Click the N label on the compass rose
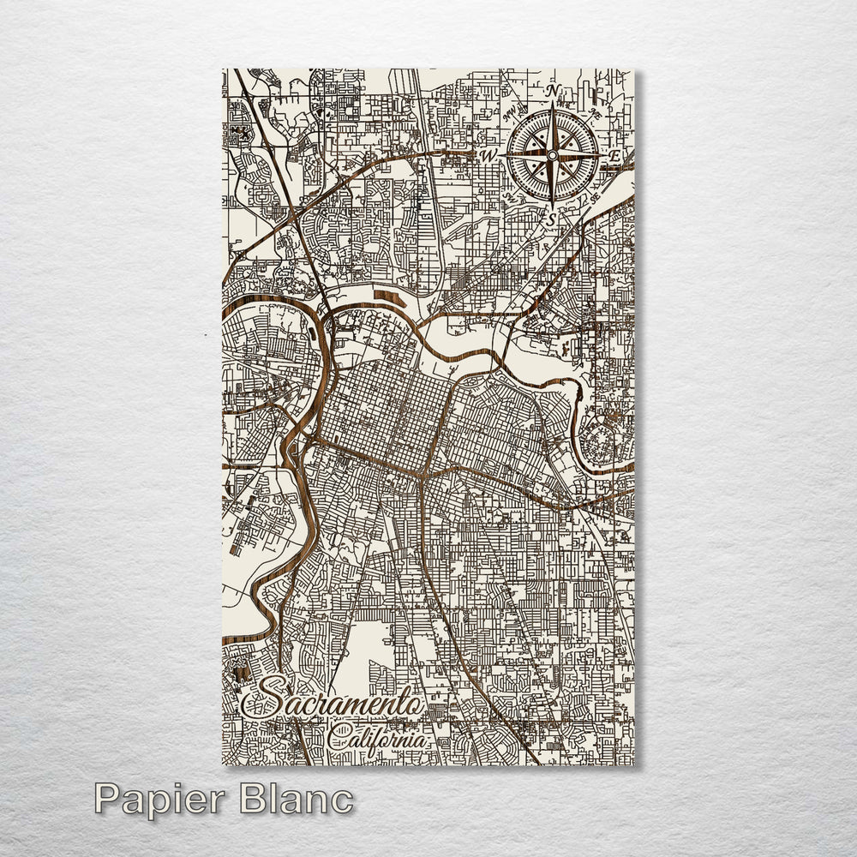pos(553,91)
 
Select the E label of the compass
pos(614,156)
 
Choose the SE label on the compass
pos(591,198)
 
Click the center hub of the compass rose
pos(553,155)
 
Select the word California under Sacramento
pos(377,736)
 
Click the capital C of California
pos(336,735)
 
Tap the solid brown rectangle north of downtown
pos(390,298)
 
